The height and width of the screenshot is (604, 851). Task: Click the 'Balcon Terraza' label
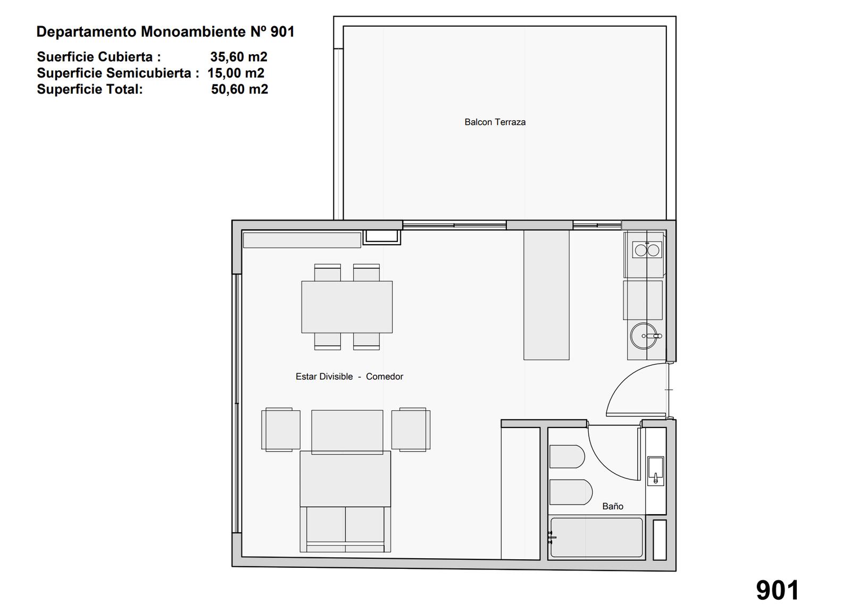495,122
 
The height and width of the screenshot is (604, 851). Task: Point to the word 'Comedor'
385,376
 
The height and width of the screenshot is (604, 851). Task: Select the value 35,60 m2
239,57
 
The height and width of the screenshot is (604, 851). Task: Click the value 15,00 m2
236,73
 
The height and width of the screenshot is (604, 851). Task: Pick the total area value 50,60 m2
240,89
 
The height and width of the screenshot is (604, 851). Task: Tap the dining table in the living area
347,307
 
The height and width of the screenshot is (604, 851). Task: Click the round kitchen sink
644,336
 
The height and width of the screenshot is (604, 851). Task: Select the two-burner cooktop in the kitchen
647,250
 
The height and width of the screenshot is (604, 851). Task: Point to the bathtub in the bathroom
596,537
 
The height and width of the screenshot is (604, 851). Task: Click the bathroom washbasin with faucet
655,471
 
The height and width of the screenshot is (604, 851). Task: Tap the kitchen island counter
546,295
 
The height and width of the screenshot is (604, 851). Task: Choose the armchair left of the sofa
281,430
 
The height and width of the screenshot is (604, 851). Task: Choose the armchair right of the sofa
411,430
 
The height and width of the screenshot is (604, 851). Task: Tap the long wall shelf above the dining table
302,240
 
